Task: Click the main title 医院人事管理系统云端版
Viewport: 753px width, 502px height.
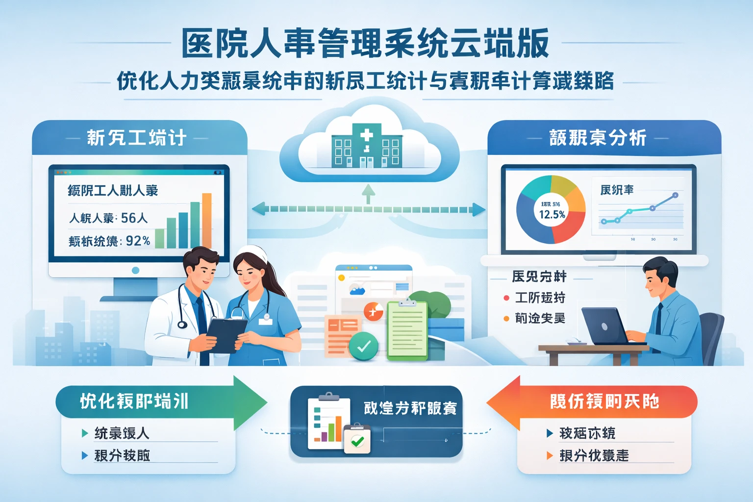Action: tap(365, 43)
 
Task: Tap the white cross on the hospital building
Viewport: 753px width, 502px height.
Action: tap(366, 135)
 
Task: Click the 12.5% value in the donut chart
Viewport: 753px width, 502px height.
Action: tap(552, 214)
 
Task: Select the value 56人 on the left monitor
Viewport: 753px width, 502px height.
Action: tap(134, 218)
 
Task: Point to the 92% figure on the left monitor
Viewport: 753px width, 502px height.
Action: tap(138, 241)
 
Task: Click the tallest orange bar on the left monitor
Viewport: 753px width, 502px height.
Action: tap(207, 221)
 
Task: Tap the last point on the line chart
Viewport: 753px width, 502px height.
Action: tap(675, 195)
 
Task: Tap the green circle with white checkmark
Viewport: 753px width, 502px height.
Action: tap(363, 346)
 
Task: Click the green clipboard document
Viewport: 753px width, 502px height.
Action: tap(407, 330)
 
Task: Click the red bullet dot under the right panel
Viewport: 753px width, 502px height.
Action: tap(506, 298)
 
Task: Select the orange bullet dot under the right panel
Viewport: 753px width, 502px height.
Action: tap(506, 319)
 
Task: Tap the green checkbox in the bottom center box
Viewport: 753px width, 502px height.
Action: tap(357, 441)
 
